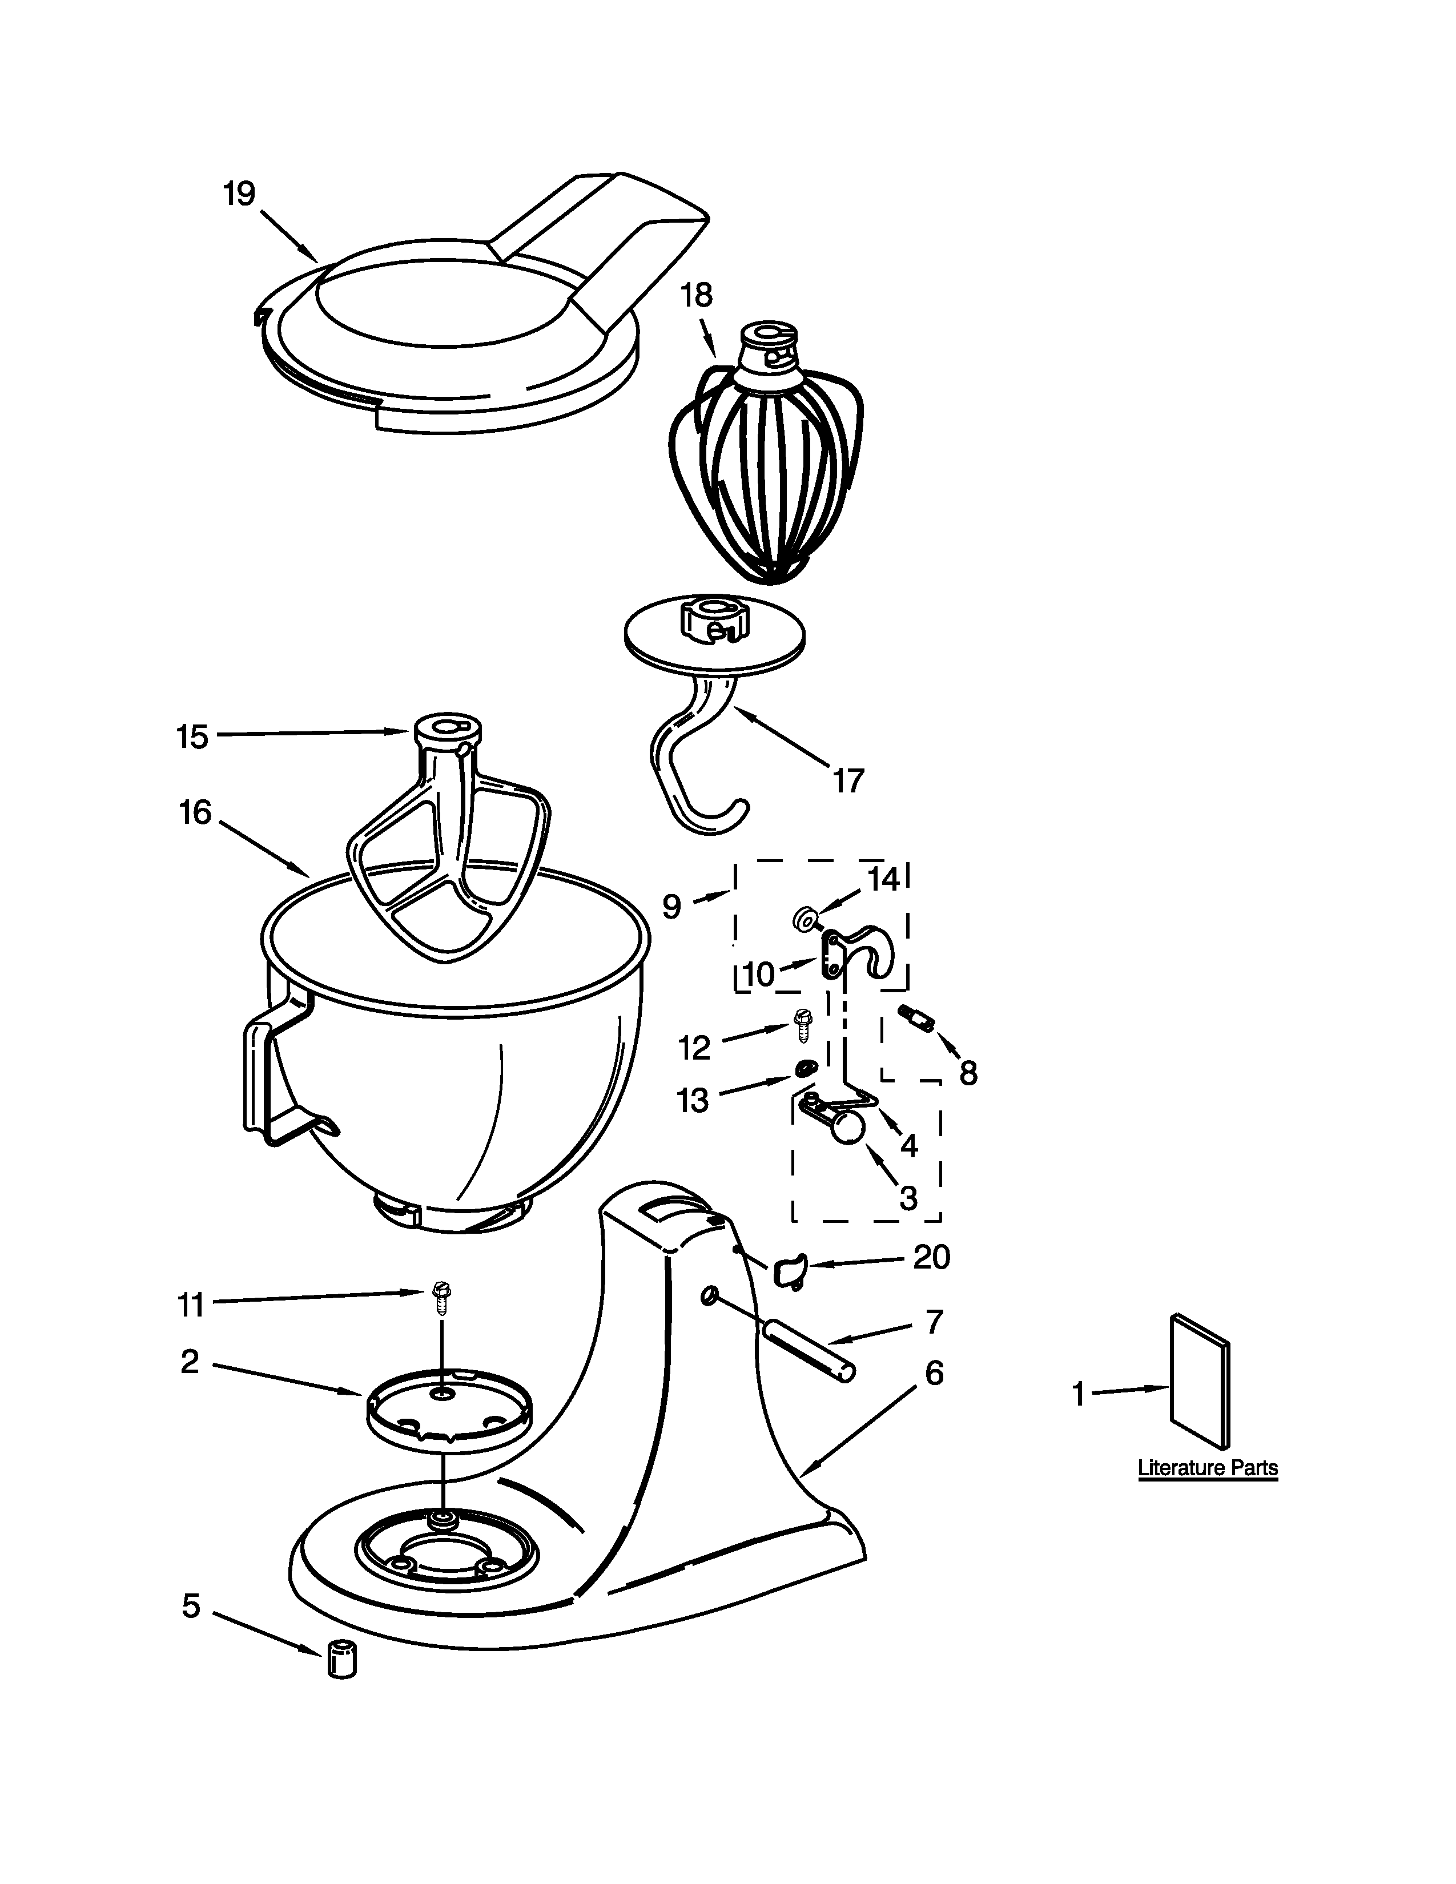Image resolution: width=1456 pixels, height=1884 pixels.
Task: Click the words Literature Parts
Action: [x=1208, y=1468]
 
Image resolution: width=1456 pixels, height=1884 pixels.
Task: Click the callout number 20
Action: [x=932, y=1258]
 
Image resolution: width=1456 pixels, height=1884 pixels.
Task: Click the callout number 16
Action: [x=196, y=812]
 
